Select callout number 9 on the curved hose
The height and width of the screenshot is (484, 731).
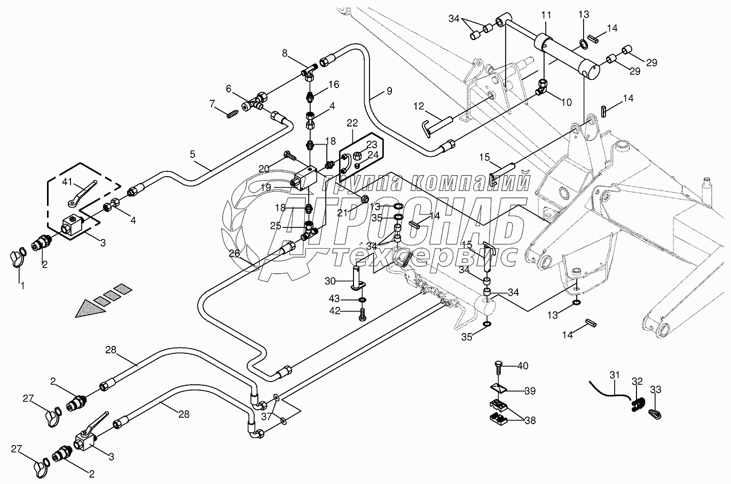point(389,91)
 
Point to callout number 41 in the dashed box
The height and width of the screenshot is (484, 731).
point(67,182)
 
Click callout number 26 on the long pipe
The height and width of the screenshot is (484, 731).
point(235,253)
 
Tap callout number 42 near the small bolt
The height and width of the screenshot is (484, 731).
point(349,310)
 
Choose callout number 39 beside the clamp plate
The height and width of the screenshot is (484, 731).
point(529,391)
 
